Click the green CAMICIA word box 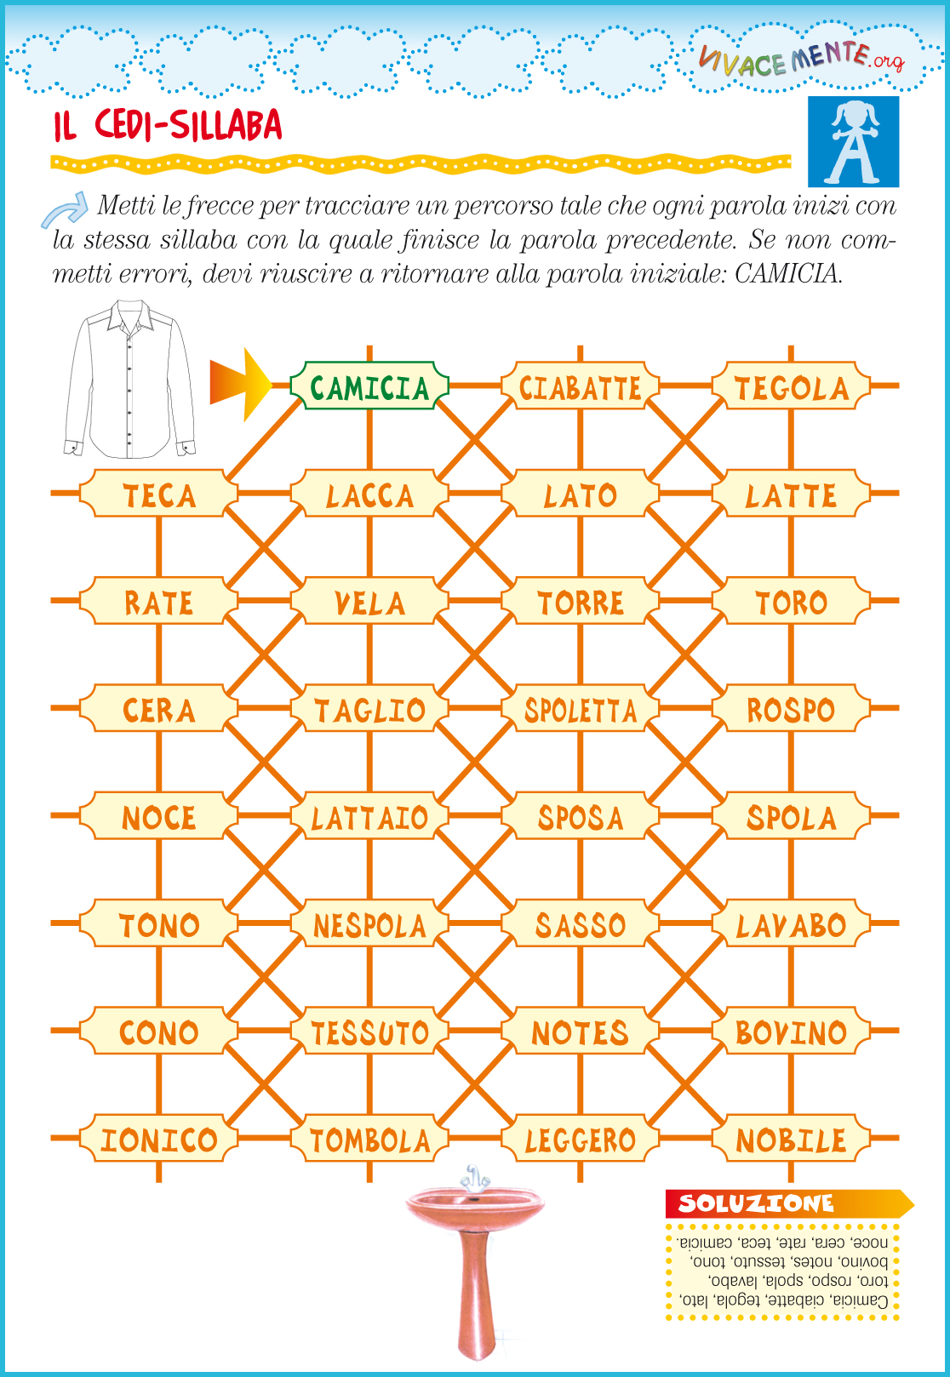pos(369,386)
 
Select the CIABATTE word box pos(580,386)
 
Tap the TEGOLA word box pos(791,386)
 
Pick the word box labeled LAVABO pos(791,923)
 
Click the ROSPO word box pos(791,707)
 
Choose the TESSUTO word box pos(369,1031)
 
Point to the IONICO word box pos(158,1138)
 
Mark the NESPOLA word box pos(369,923)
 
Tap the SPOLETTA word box pos(580,707)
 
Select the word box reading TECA pos(158,493)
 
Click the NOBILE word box pos(791,1138)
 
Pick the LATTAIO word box pos(369,815)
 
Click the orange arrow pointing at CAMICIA pos(240,385)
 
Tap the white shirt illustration pos(129,379)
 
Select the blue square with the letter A pos(853,141)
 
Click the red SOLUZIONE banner pos(789,1203)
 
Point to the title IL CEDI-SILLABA pos(167,125)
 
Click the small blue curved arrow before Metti pos(66,210)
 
